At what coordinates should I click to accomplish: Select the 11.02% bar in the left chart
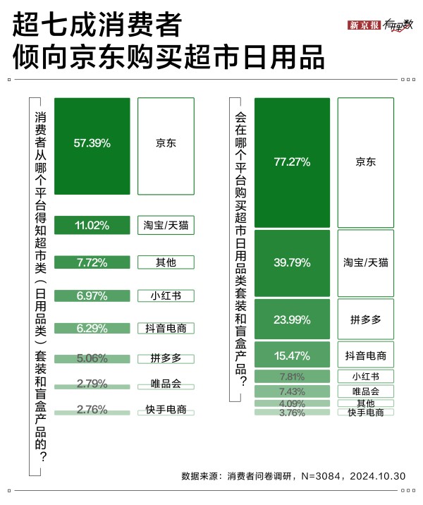click(x=92, y=226)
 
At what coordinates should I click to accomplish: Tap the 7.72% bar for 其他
click(x=92, y=263)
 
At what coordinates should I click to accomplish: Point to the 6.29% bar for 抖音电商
click(x=92, y=328)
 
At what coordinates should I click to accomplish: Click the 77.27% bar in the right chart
click(x=292, y=162)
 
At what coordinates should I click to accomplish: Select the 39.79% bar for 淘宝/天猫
click(x=292, y=262)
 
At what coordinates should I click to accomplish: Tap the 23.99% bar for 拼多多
click(x=292, y=319)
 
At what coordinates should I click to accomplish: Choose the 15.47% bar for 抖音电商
click(x=292, y=355)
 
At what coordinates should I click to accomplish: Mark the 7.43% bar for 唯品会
click(x=292, y=391)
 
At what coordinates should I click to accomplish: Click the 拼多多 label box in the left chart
click(x=166, y=358)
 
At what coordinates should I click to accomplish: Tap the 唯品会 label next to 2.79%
click(x=166, y=384)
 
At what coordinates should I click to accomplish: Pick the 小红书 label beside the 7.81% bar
click(x=365, y=376)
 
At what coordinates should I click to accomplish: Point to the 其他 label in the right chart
click(x=365, y=403)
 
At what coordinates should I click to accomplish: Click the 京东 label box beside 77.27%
click(x=365, y=162)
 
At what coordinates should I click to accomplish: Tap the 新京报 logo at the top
click(x=364, y=25)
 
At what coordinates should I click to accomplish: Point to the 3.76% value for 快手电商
click(x=292, y=413)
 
